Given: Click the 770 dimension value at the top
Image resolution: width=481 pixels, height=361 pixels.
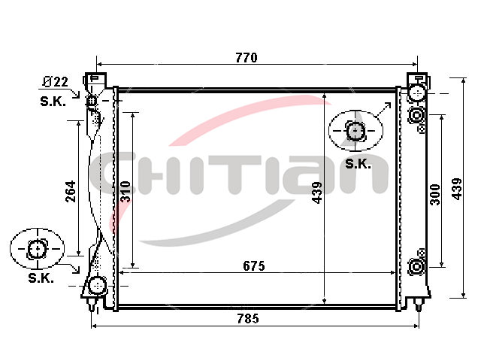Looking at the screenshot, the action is coord(247,58).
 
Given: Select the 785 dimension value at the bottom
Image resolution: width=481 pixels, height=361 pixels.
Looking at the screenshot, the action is coord(248,319).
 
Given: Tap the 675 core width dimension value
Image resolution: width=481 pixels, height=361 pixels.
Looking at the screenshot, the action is coord(254,266).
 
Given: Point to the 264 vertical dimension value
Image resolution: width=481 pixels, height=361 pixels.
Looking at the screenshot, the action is coord(71,191).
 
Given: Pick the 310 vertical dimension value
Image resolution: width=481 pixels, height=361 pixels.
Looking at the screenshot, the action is coord(126,192).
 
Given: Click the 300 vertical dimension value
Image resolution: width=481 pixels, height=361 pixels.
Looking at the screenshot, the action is coord(435,194).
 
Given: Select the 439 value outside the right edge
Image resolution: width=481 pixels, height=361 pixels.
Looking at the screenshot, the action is coord(457,189).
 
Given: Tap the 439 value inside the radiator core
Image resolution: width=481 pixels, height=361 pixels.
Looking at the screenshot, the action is coord(317,193).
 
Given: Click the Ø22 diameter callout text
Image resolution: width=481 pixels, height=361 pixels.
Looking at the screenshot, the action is coord(55,82).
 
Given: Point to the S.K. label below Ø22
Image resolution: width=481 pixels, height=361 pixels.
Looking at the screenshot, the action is coord(53,102).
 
